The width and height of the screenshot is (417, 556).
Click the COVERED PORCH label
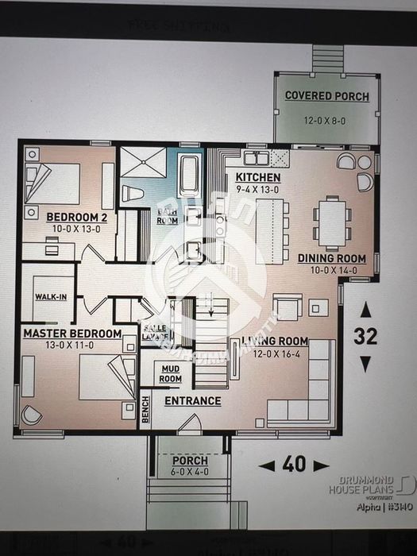point(327,96)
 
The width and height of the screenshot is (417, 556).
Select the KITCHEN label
point(258,177)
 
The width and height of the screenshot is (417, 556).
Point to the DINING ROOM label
point(331,258)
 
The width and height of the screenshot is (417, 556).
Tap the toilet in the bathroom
point(132,193)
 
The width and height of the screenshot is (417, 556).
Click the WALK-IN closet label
point(50,297)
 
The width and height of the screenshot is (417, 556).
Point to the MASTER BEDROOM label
point(71,334)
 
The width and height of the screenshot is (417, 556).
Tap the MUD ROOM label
point(170,374)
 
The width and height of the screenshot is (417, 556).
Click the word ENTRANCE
point(192,401)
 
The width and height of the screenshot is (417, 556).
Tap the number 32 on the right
point(365,336)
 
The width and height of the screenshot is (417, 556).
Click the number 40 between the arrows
point(294,465)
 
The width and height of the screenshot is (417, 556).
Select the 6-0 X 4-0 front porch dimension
point(189,473)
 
